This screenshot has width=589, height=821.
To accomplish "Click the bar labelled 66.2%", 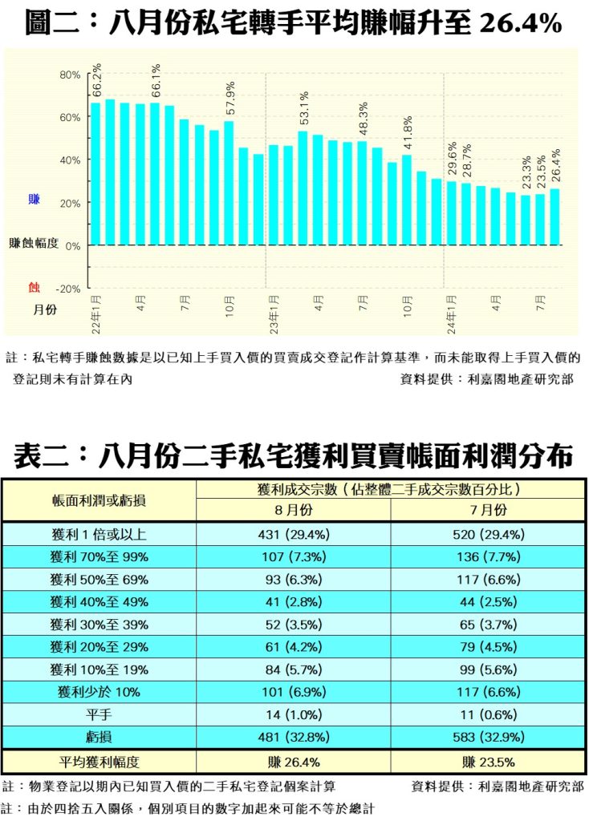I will pyautogui.click(x=95, y=173).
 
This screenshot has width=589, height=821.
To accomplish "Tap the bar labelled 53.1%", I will pyautogui.click(x=303, y=188).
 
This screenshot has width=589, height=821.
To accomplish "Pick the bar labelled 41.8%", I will pyautogui.click(x=406, y=200).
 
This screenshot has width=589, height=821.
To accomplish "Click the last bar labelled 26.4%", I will pyautogui.click(x=554, y=216).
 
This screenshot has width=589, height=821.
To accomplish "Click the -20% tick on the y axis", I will pyautogui.click(x=68, y=288).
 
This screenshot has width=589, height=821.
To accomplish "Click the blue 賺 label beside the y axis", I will pyautogui.click(x=34, y=198).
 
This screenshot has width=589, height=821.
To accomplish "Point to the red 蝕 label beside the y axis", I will pyautogui.click(x=34, y=286).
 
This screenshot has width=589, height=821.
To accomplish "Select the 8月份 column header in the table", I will pyautogui.click(x=293, y=510).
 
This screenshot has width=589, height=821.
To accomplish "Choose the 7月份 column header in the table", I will pyautogui.click(x=488, y=510).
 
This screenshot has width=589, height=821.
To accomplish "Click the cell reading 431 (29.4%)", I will pyautogui.click(x=293, y=535).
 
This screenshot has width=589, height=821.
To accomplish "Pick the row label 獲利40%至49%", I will pyautogui.click(x=100, y=602).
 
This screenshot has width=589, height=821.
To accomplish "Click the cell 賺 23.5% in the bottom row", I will pyautogui.click(x=488, y=762).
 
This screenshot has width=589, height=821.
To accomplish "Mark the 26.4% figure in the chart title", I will pyautogui.click(x=519, y=24).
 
